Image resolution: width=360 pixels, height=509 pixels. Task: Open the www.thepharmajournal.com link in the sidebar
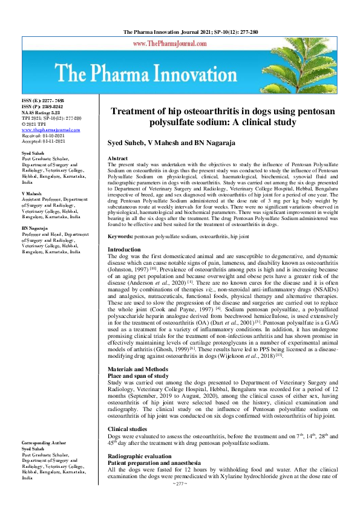[x=51, y=129]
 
